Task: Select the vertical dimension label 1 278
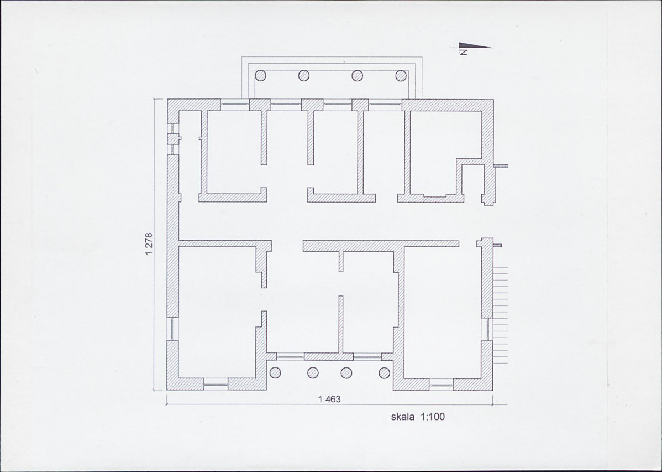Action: (x=148, y=244)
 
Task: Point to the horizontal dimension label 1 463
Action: (x=329, y=399)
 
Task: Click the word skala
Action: (x=403, y=417)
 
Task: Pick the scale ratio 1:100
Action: (x=432, y=417)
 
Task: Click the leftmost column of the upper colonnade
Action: (x=260, y=76)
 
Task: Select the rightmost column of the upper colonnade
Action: (x=401, y=76)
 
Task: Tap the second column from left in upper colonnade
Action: (x=304, y=76)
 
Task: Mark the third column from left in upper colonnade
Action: (x=358, y=76)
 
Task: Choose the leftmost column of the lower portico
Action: (x=275, y=372)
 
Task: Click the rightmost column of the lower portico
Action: (x=384, y=372)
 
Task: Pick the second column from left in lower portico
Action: (x=313, y=372)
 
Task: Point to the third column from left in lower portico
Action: (x=346, y=372)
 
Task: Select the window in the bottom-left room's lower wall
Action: (x=216, y=385)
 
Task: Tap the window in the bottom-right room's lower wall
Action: (x=441, y=385)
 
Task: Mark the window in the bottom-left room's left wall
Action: (x=173, y=329)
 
